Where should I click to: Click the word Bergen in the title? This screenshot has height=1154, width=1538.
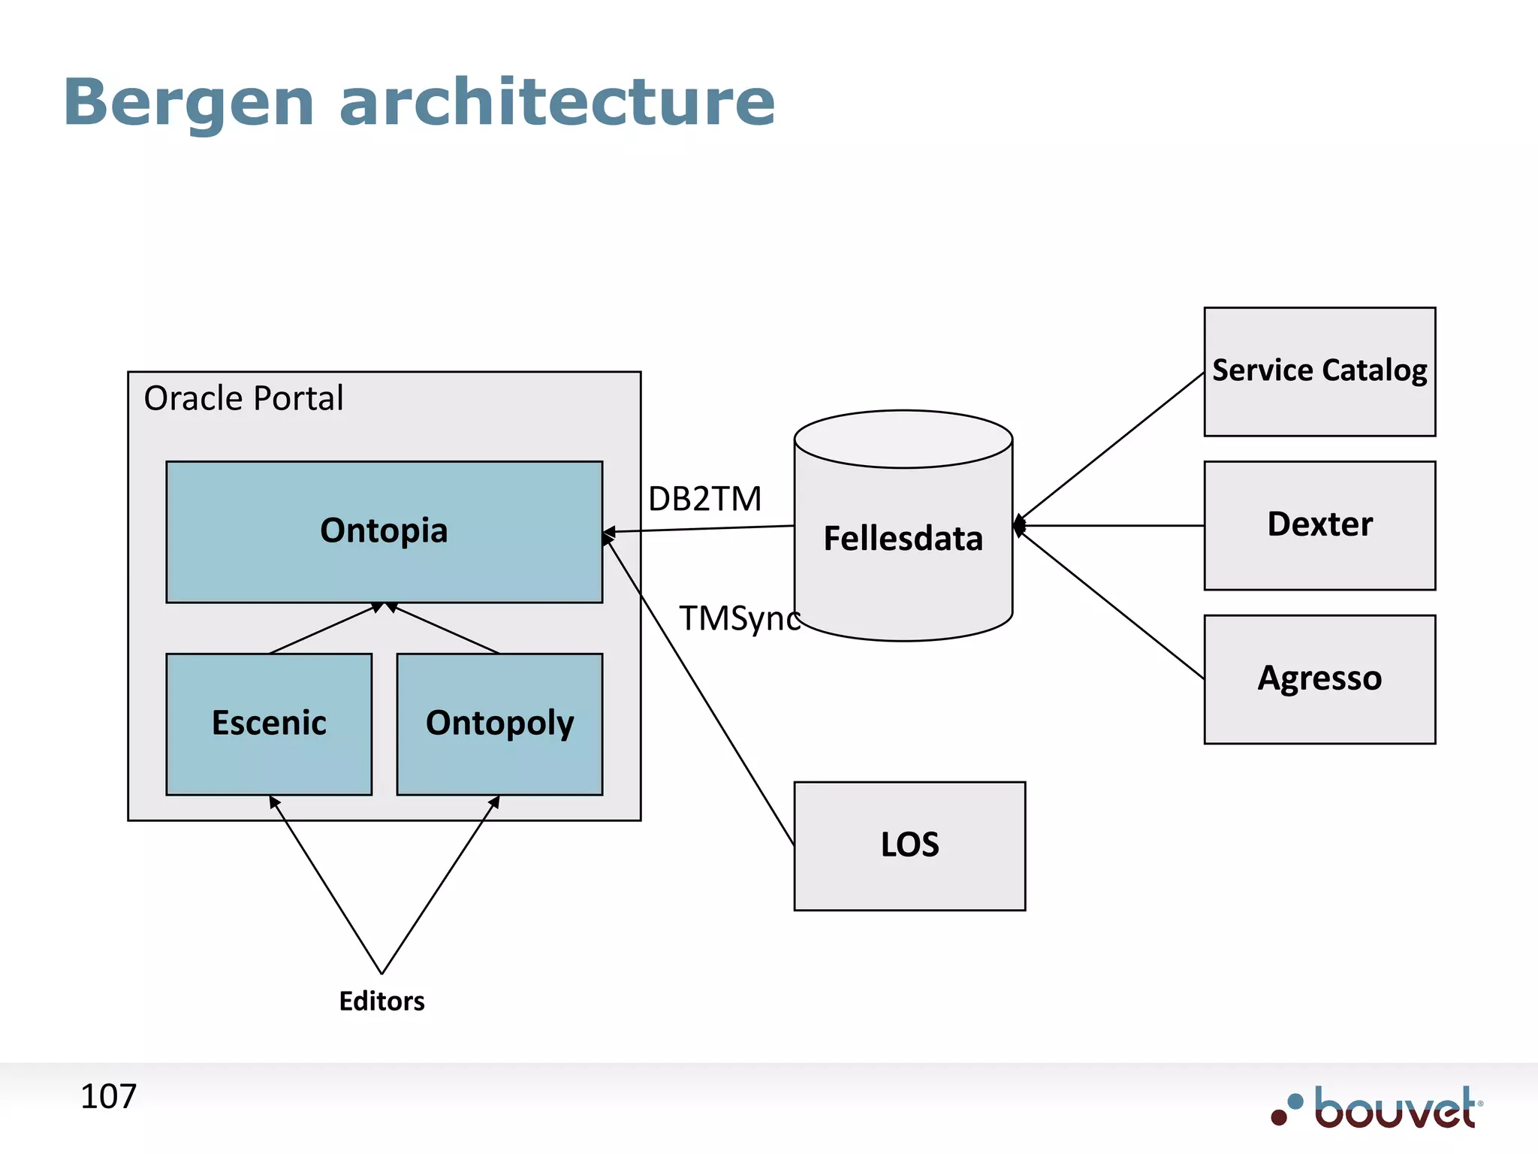click(188, 103)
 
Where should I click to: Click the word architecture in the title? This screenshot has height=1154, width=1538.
click(556, 103)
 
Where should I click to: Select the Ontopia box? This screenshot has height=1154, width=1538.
click(384, 531)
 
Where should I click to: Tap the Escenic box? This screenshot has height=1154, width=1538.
click(269, 724)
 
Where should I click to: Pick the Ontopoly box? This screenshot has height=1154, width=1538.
click(499, 724)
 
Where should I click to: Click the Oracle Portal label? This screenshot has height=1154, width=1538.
click(243, 398)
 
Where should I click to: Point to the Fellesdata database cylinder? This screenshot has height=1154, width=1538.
click(903, 539)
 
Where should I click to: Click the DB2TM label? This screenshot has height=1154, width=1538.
click(704, 499)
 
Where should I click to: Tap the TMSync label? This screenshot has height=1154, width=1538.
click(739, 618)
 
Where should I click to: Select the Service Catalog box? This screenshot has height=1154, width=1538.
click(1319, 371)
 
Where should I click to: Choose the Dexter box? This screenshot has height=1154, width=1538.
click(1319, 525)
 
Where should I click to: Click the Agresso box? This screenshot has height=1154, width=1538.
click(1319, 679)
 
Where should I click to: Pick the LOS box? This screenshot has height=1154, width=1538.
click(909, 845)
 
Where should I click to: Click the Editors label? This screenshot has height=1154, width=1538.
click(381, 1001)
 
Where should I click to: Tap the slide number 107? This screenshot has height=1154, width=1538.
click(108, 1096)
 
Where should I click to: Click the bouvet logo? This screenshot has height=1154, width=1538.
click(1377, 1108)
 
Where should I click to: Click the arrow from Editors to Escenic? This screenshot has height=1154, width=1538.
click(325, 884)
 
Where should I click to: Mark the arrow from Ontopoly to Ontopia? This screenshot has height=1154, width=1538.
click(443, 628)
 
